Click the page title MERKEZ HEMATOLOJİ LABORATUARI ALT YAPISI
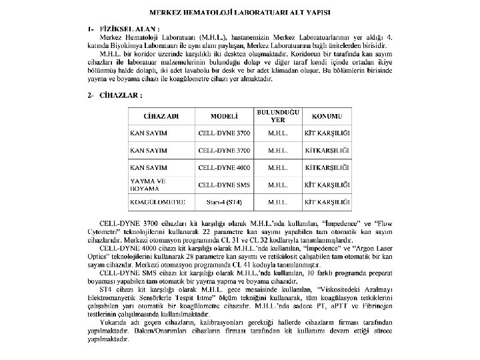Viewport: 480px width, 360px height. pos(240,13)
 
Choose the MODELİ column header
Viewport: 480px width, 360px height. pos(225,117)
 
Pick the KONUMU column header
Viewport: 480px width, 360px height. pos(327,117)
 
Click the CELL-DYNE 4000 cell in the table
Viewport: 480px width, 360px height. pos(225,167)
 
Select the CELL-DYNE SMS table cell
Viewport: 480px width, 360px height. pos(225,184)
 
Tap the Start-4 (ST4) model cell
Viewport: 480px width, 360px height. pos(225,201)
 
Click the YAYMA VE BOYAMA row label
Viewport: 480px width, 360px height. pos(148,184)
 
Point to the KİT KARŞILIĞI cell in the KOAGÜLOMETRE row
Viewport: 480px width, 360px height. pos(327,201)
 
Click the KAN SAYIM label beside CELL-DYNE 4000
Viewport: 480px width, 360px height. pos(149,167)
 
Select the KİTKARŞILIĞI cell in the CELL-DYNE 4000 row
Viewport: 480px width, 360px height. pos(327,167)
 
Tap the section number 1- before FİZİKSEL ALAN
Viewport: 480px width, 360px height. pos(91,29)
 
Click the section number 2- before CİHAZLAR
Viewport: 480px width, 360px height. pos(91,95)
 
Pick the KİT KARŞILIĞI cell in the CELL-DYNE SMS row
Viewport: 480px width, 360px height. pos(327,184)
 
